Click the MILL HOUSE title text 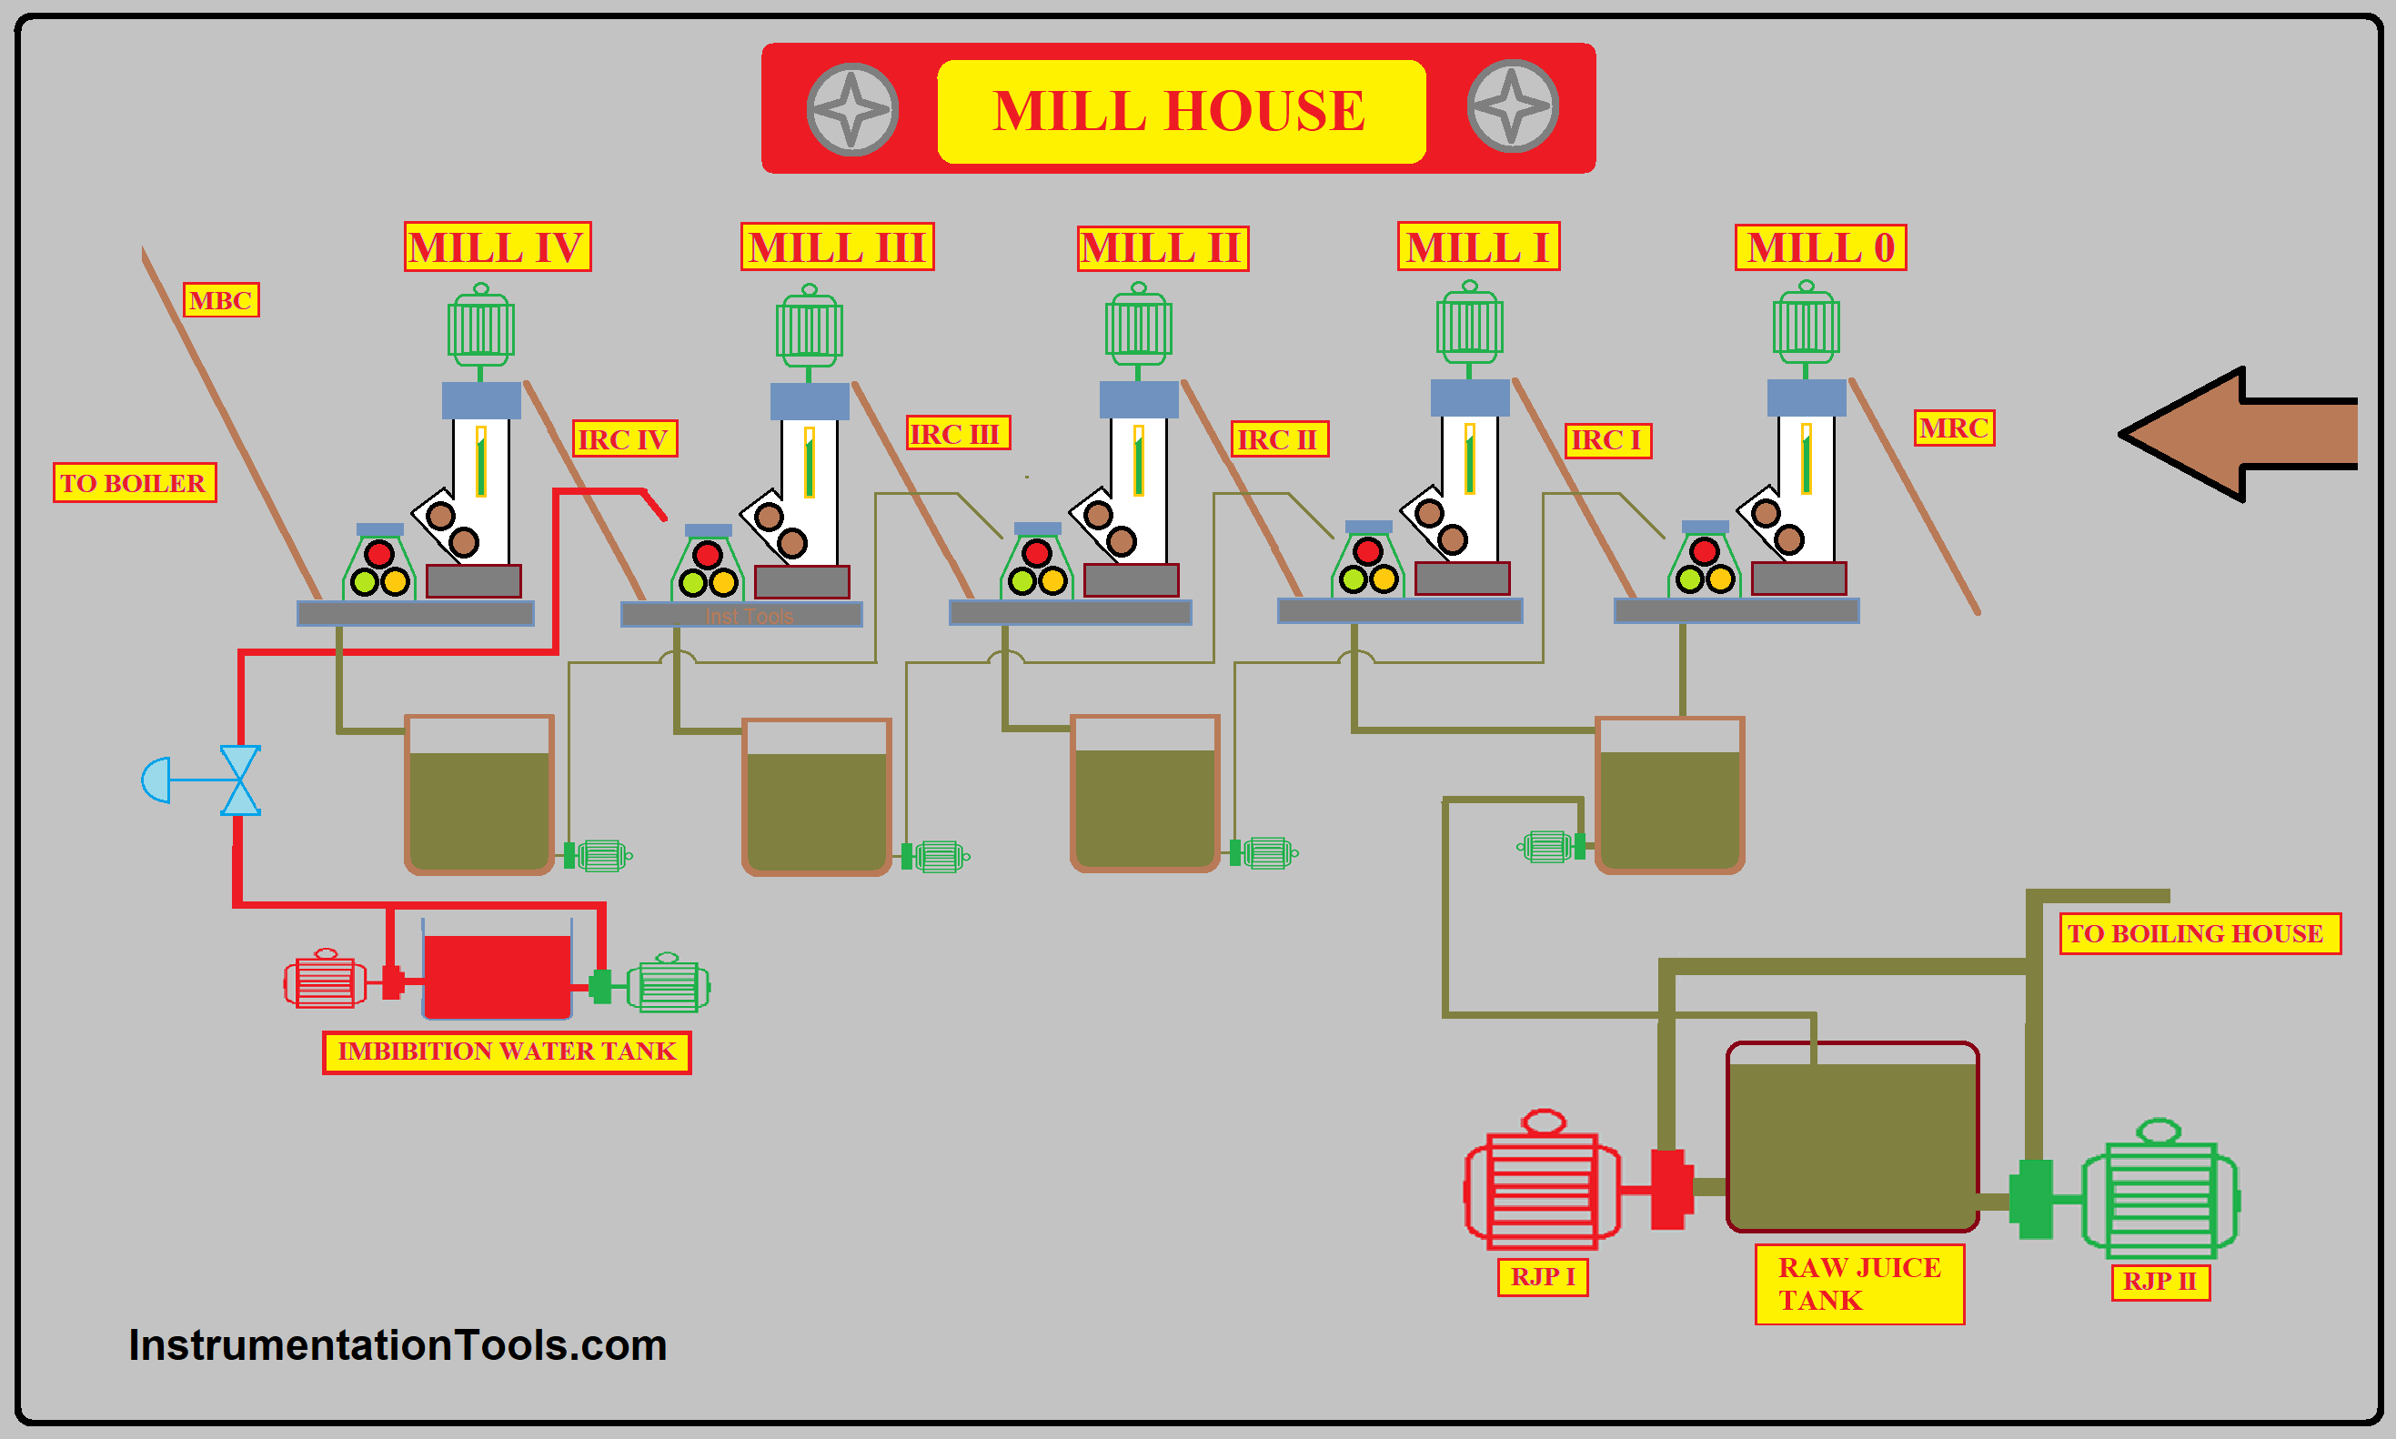coord(1179,111)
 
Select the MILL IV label coord(497,247)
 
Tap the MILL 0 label coord(1820,247)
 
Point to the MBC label coord(221,300)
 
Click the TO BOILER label coord(134,483)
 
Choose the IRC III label coord(957,434)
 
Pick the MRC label coord(1954,428)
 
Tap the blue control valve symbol coord(239,780)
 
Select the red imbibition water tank coord(497,975)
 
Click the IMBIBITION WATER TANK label coord(506,1052)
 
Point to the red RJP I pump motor coord(1542,1187)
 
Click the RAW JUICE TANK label coord(1858,1283)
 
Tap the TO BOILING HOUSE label coord(2200,934)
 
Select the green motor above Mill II coord(1138,327)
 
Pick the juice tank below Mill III coord(817,797)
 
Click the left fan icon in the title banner coord(852,109)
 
